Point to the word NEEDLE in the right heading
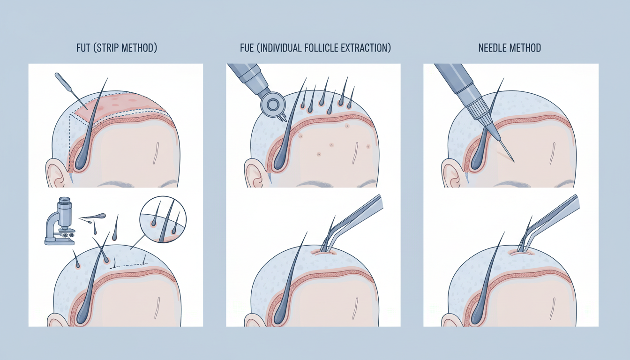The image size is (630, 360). click(x=494, y=48)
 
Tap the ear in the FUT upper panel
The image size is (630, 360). click(x=55, y=173)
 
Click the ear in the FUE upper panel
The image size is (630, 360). click(x=253, y=173)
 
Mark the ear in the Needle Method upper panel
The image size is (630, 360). click(x=450, y=173)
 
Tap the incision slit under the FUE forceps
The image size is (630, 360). click(x=324, y=253)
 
